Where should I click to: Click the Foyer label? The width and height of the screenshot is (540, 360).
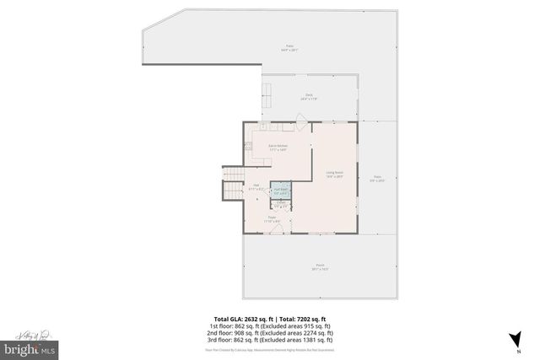coord(273,219)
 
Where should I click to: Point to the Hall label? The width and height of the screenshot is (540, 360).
coord(256,187)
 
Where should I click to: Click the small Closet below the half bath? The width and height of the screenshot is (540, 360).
coord(281,205)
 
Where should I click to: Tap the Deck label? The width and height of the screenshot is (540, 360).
coord(310,98)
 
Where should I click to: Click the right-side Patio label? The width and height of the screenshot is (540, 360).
coord(377,178)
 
